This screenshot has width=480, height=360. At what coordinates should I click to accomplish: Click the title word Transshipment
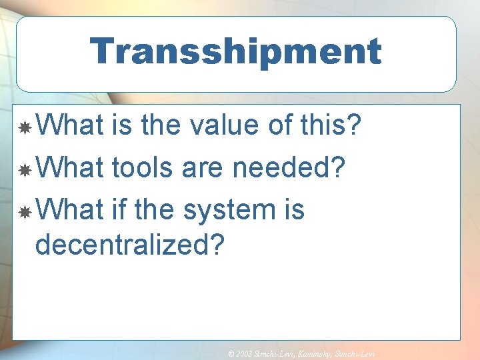[x=235, y=51]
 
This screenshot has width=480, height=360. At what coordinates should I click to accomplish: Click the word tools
[x=145, y=167]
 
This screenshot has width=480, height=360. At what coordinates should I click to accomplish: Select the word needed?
[x=289, y=167]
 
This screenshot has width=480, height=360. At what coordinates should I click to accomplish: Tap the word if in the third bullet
[x=119, y=210]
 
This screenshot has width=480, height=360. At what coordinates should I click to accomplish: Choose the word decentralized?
[x=131, y=244]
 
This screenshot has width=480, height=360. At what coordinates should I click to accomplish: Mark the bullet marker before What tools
[x=24, y=170]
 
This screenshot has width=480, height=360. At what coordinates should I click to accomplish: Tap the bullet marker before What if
[x=24, y=213]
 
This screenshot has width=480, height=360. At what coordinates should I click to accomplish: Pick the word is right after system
[x=293, y=210]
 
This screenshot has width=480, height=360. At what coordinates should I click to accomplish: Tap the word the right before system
[x=157, y=210]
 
